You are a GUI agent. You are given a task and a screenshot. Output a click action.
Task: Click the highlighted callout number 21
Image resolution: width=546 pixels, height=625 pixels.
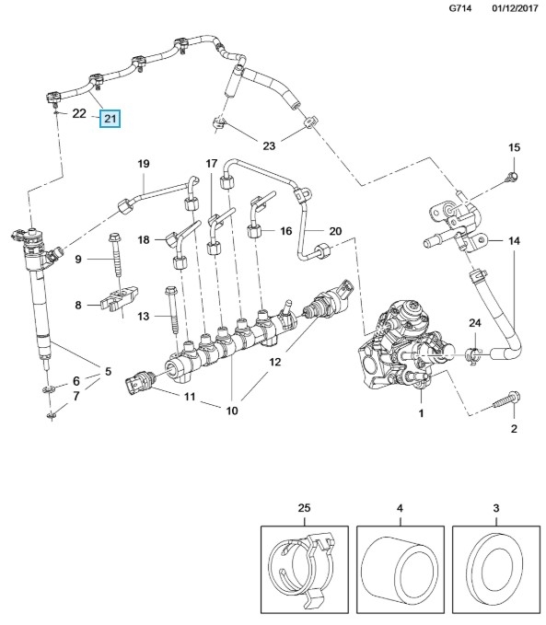click(110, 119)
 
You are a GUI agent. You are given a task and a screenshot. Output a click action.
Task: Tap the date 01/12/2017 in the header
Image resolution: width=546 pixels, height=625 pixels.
click(515, 8)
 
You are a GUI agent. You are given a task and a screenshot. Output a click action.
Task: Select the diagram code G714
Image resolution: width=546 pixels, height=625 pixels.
click(459, 8)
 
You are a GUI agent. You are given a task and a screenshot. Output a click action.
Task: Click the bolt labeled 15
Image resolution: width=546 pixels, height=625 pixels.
click(512, 176)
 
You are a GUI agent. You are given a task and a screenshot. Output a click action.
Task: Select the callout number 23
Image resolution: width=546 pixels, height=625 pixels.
click(269, 145)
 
